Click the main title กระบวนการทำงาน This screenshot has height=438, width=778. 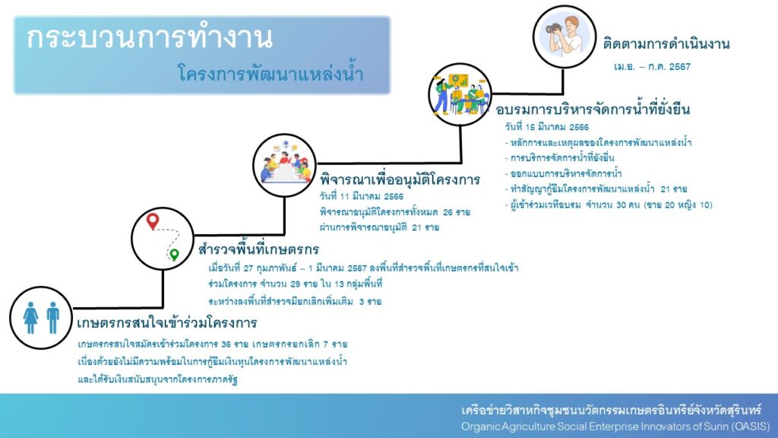click(x=150, y=38)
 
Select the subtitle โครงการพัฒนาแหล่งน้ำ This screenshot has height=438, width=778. click(x=270, y=75)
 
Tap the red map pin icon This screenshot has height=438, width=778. click(x=153, y=221)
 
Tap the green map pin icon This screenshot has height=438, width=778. click(x=174, y=255)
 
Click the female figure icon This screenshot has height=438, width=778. click(x=30, y=317)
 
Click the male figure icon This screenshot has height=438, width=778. click(x=52, y=317)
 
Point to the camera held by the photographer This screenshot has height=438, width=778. click(x=553, y=28)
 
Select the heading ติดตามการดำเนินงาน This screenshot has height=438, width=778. click(x=666, y=44)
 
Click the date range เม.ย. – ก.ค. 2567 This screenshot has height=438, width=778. click(x=652, y=67)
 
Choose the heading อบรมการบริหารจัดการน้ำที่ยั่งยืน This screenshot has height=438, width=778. click(x=593, y=109)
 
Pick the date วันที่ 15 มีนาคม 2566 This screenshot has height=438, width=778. click(x=547, y=127)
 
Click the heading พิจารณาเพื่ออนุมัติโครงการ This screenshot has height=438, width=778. click(x=400, y=179)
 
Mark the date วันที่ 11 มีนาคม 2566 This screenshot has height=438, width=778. click(x=362, y=197)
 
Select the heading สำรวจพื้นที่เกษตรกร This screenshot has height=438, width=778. click(x=258, y=249)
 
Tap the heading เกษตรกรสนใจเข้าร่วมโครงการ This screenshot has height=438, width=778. click(x=166, y=322)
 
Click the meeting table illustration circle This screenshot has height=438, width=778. click(x=284, y=165)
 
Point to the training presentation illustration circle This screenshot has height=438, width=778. click(x=460, y=94)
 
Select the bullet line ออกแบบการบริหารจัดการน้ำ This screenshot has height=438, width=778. click(x=563, y=174)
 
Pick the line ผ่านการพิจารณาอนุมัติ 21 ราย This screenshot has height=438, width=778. click(x=380, y=227)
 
